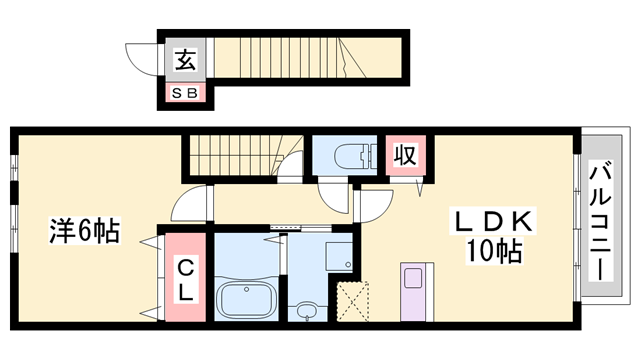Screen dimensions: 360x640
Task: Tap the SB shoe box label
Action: click(186, 94)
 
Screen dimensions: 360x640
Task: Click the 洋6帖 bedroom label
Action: click(85, 233)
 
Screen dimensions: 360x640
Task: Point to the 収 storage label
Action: click(403, 155)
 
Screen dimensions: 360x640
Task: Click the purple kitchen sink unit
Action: click(414, 290)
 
